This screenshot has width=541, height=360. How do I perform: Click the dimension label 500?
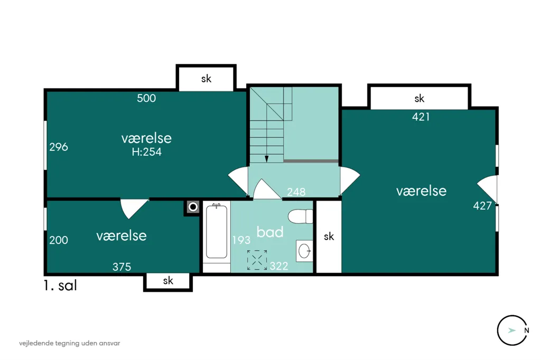tap(146, 98)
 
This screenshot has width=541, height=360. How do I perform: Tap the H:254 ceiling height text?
tap(147, 151)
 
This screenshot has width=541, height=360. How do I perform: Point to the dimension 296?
tap(59, 147)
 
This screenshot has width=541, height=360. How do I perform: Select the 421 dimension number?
tap(421, 117)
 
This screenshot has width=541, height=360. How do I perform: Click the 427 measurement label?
tap(482, 206)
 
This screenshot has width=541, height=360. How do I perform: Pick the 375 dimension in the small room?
tap(122, 267)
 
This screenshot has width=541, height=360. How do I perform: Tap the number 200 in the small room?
tap(59, 240)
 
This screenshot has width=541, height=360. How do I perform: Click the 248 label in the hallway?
tap(296, 192)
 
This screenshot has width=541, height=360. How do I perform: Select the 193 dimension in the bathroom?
tap(241, 240)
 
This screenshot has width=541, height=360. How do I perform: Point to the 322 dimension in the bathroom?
tap(279, 266)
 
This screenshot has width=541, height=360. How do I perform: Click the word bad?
tap(270, 232)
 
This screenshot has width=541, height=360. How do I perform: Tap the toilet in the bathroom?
tap(301, 216)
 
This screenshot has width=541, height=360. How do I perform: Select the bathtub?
tap(216, 231)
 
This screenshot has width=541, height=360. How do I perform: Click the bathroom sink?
tap(304, 251)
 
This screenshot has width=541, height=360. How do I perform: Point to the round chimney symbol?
tap(193, 207)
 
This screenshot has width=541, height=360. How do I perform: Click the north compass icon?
tap(513, 330)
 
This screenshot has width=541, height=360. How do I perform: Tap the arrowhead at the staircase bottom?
tap(267, 159)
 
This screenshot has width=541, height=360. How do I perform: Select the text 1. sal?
tap(60, 286)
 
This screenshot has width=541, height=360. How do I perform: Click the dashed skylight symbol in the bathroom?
tap(257, 260)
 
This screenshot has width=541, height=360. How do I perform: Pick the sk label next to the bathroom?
tap(329, 236)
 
